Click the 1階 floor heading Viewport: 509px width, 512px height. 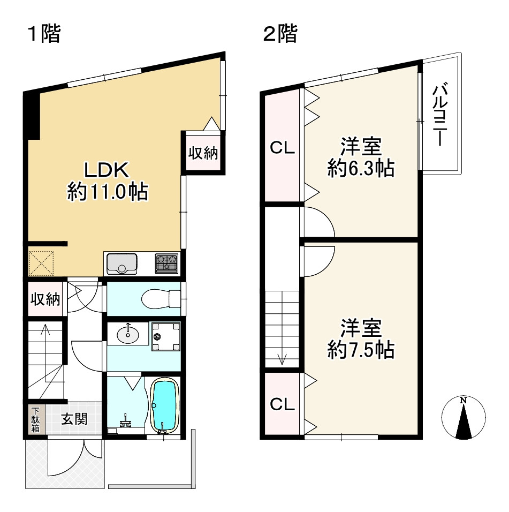[x=45, y=33]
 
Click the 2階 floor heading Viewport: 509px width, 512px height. [x=280, y=33]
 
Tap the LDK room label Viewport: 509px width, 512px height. [x=107, y=170]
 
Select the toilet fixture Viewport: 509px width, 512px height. [x=161, y=298]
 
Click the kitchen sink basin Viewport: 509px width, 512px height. [x=121, y=263]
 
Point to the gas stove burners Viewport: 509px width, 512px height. [x=167, y=263]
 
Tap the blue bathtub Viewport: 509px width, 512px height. [x=165, y=405]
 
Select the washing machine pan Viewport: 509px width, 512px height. [x=166, y=336]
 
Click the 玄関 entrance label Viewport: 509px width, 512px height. [x=74, y=419]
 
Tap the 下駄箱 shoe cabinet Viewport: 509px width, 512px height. [x=35, y=419]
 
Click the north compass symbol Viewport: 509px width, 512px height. [x=464, y=418]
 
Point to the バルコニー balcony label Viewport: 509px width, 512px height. [x=440, y=114]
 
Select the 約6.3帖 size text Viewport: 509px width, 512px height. [x=361, y=168]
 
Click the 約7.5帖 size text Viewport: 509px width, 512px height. [x=361, y=350]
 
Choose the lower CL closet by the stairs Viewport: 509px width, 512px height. [x=282, y=404]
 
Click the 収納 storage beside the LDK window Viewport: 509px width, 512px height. [x=203, y=153]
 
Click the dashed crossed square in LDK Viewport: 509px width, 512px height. [x=41, y=263]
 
